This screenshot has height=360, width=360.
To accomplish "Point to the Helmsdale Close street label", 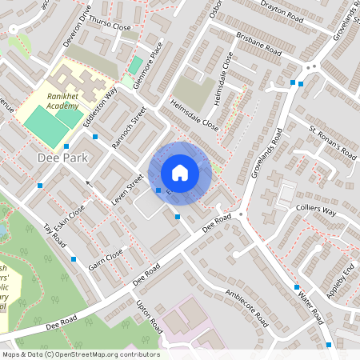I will (194, 115).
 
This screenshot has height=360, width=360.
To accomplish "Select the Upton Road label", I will (150, 318).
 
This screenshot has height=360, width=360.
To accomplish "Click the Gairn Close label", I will (106, 259).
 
